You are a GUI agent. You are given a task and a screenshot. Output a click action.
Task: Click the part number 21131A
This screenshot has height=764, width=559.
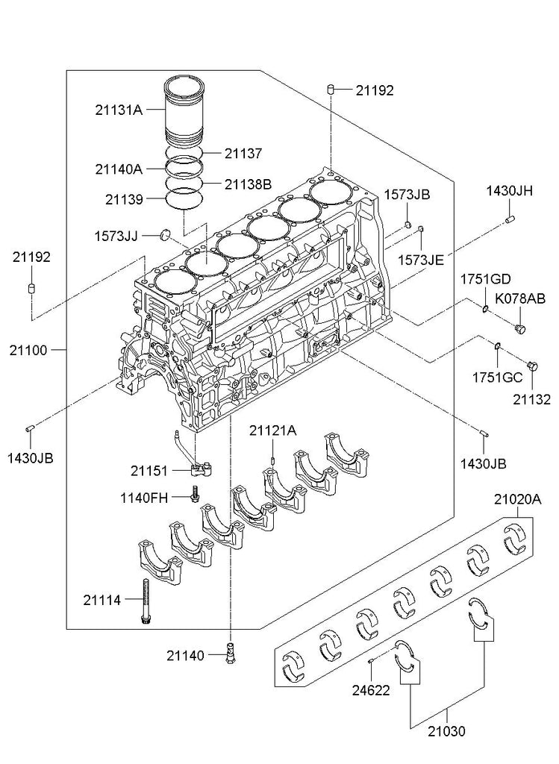point(119,110)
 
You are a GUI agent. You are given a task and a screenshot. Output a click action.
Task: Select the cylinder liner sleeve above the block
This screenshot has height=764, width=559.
point(184,111)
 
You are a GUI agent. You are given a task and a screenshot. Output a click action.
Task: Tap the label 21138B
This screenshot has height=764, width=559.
point(248,184)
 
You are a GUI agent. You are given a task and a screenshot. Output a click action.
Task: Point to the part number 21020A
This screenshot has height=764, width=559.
point(517,499)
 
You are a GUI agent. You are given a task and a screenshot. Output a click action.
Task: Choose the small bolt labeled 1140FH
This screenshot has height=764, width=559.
point(195,494)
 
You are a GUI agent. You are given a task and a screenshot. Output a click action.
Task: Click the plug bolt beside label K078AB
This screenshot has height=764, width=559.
point(520,329)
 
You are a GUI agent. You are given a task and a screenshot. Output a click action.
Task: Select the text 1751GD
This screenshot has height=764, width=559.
point(486,279)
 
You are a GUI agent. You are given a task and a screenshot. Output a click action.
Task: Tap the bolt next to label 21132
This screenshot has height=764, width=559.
point(532,366)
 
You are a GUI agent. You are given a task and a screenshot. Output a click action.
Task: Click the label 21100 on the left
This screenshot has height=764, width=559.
point(28,350)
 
